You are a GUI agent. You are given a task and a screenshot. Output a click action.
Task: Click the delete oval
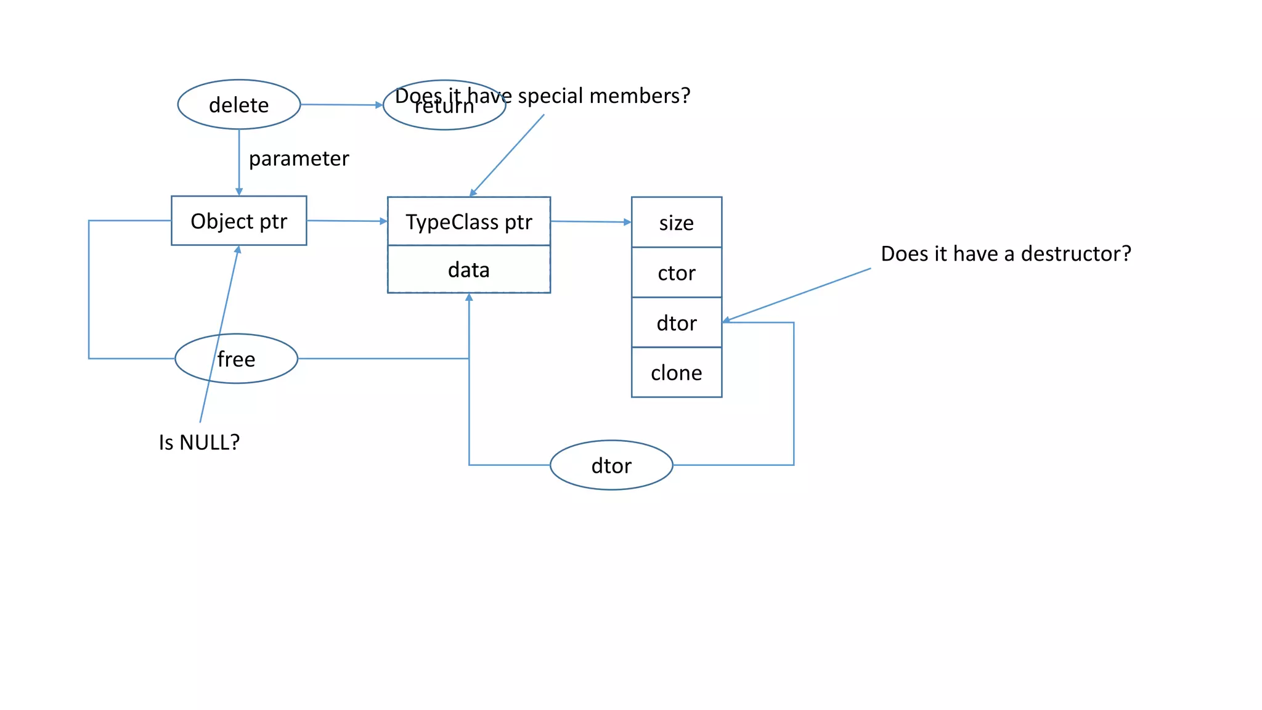(238, 105)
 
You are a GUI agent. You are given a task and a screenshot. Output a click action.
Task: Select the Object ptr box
(238, 221)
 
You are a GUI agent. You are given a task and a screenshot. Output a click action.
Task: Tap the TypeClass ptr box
(468, 221)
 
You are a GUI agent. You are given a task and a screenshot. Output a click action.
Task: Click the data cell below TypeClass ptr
(468, 269)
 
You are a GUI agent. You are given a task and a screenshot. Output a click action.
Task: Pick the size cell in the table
(676, 222)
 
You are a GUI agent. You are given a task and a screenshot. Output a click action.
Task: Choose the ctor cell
(676, 272)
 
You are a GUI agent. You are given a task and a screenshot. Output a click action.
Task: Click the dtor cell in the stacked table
(676, 322)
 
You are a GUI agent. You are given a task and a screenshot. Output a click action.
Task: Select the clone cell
(676, 372)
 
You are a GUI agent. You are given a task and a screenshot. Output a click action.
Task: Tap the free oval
(236, 359)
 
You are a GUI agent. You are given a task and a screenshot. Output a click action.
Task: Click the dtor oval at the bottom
(611, 465)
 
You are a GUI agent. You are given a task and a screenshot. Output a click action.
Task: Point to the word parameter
(299, 158)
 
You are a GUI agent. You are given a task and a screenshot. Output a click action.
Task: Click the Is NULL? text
(199, 442)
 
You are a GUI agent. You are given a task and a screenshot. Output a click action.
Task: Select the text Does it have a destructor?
(1006, 253)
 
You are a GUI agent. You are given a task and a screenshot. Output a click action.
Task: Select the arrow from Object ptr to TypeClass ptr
(346, 221)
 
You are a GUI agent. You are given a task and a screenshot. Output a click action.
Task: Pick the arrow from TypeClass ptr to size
(590, 221)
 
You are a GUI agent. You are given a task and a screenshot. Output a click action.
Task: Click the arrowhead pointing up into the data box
(469, 298)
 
